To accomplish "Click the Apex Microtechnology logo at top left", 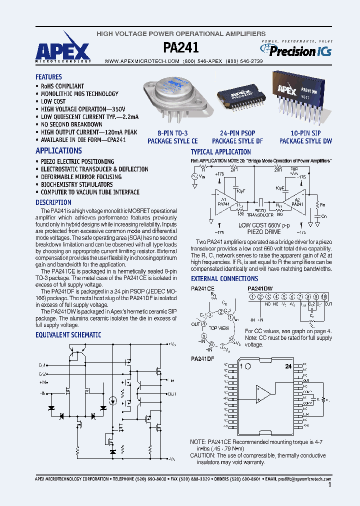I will [x=63, y=52].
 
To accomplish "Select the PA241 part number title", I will [x=181, y=47].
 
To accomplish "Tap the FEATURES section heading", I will [x=48, y=77].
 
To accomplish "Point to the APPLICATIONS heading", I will [x=58, y=150].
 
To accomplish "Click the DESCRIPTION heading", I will [x=53, y=202].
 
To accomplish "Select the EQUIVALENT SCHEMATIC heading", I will [x=68, y=335].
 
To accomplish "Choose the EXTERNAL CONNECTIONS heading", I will [x=224, y=278].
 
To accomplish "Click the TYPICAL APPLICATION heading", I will [x=220, y=152].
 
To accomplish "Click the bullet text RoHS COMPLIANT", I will [x=62, y=86].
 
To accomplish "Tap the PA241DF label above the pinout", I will [x=202, y=358].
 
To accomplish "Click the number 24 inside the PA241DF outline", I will [x=288, y=366].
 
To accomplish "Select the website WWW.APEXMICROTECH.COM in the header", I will [x=141, y=60].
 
